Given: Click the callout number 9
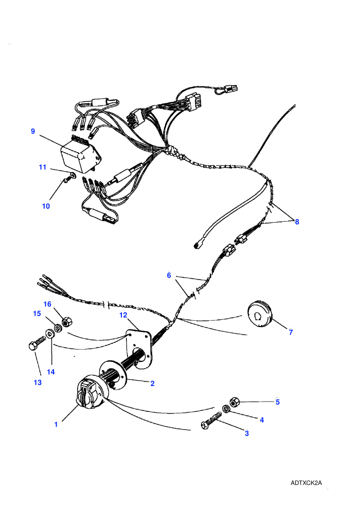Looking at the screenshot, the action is tap(33, 132).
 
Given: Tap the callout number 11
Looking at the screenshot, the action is tap(43, 167).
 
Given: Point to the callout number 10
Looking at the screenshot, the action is tap(46, 206).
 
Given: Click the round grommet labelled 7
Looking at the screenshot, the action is tap(261, 314).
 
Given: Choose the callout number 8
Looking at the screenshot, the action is tap(297, 222).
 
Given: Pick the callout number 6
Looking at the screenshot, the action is tap(169, 276).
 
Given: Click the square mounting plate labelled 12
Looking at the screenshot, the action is tap(139, 349).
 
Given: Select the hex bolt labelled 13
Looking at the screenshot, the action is tap(38, 343).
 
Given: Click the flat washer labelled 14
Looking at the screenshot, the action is tap(50, 333).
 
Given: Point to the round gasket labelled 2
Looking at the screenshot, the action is tap(114, 374).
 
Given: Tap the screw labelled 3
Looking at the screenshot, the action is tap(211, 422).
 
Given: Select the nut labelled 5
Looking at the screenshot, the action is tap(234, 402).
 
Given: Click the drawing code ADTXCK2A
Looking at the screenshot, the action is tap(306, 483).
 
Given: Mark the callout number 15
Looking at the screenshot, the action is tap(37, 314).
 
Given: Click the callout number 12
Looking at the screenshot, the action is tap(123, 315).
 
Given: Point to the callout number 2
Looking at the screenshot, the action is tap(152, 384).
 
